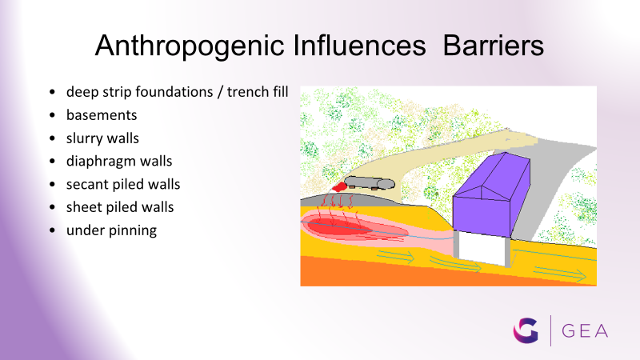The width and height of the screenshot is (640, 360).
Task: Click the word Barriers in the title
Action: [x=493, y=45]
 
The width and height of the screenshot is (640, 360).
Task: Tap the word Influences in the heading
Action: [x=359, y=45]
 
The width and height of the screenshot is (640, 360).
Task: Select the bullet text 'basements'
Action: [x=102, y=115]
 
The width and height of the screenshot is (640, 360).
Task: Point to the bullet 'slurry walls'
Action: [x=102, y=138]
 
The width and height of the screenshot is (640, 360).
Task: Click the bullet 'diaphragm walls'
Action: [x=119, y=162]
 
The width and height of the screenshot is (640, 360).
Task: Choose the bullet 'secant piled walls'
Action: [x=123, y=185]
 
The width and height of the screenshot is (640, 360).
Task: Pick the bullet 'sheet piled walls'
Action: [x=120, y=207]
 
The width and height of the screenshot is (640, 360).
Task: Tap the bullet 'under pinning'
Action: [x=111, y=230]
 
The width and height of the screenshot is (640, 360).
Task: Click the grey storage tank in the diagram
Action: [x=370, y=183]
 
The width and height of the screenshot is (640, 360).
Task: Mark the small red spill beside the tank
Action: [x=339, y=187]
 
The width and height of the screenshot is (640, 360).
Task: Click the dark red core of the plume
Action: [x=338, y=226]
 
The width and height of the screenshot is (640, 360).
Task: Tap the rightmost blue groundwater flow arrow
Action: [x=560, y=274]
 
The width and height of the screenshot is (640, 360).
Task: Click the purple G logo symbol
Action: [x=526, y=330]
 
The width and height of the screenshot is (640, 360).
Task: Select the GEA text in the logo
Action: [x=585, y=331]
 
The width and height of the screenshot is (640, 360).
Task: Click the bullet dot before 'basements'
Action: [x=52, y=115]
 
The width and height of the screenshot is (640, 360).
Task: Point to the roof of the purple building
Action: [x=492, y=175]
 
